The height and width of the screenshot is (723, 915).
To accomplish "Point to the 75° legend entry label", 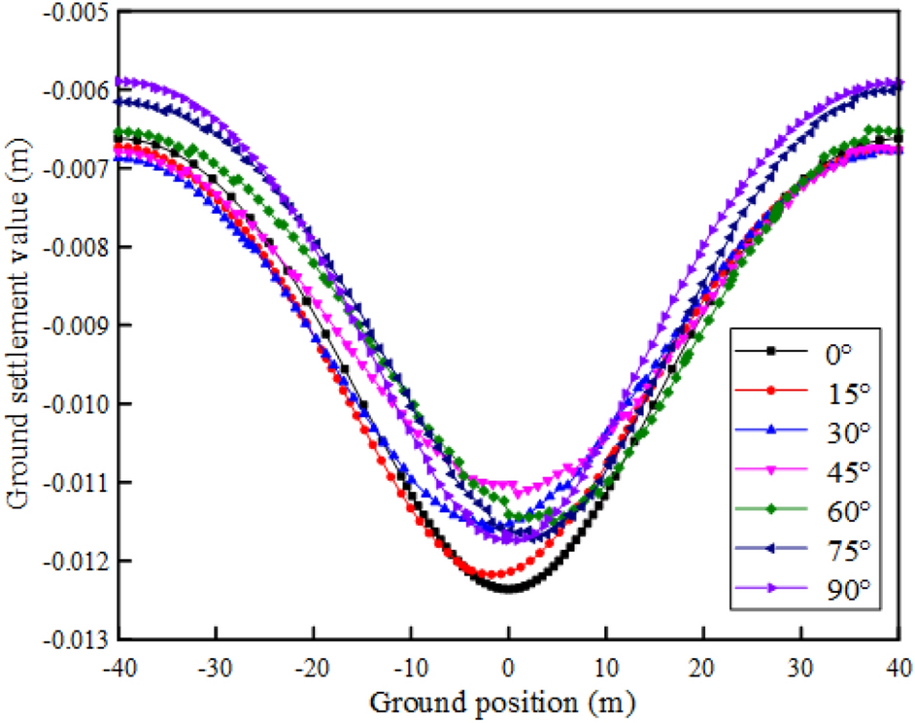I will (838, 550).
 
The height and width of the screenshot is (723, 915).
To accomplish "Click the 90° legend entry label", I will (838, 590).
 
